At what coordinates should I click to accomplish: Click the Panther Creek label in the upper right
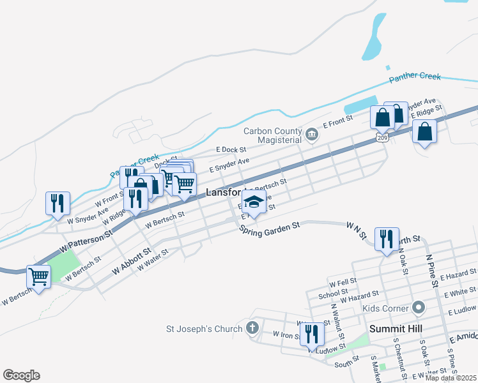415,77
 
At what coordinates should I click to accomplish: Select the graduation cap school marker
254,202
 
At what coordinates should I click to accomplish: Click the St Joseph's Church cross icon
252,329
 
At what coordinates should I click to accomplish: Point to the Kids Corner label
385,308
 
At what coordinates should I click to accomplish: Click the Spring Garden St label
270,227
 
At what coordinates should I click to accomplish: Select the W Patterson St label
86,240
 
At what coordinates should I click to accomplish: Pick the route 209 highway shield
382,137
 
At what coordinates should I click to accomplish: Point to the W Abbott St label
130,262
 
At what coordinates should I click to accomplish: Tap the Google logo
21,375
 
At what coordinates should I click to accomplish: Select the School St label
333,290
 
